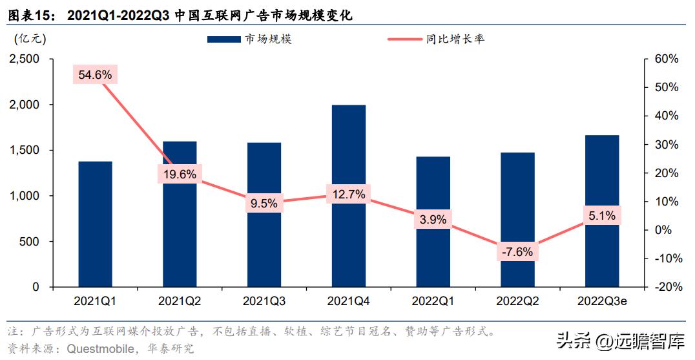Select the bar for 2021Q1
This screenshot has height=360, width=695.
click(x=95, y=224)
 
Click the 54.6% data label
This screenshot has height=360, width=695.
click(x=95, y=75)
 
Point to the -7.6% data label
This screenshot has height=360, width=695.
click(x=517, y=252)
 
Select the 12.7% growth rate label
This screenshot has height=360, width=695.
click(x=348, y=194)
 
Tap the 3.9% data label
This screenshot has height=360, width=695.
click(x=433, y=220)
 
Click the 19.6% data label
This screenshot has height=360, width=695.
click(x=180, y=174)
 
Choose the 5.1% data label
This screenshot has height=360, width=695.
click(x=601, y=216)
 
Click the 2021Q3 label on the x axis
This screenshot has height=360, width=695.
click(x=264, y=301)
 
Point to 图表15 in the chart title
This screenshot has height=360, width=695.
click(x=27, y=15)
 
